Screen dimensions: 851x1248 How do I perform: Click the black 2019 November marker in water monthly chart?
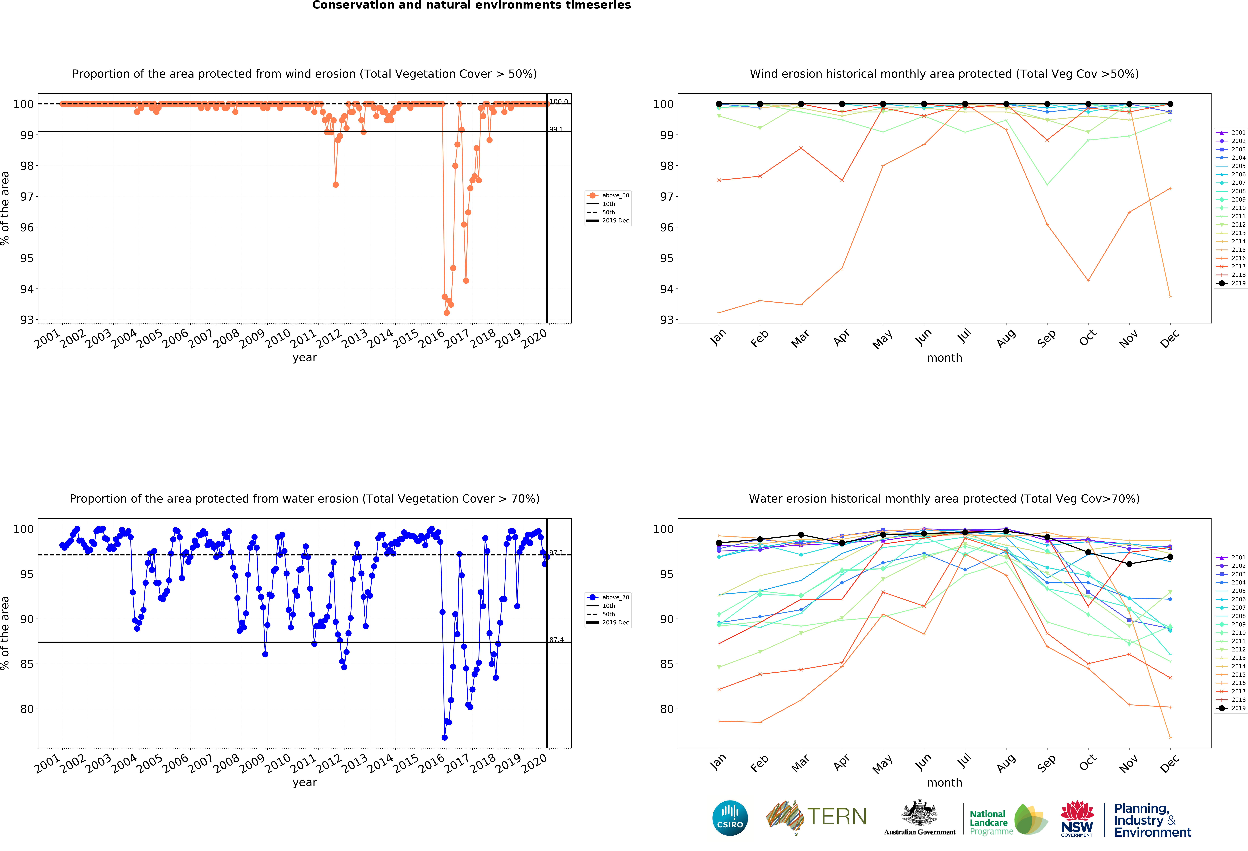tap(1129, 564)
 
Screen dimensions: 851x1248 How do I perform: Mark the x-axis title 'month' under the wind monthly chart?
tap(944, 358)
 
